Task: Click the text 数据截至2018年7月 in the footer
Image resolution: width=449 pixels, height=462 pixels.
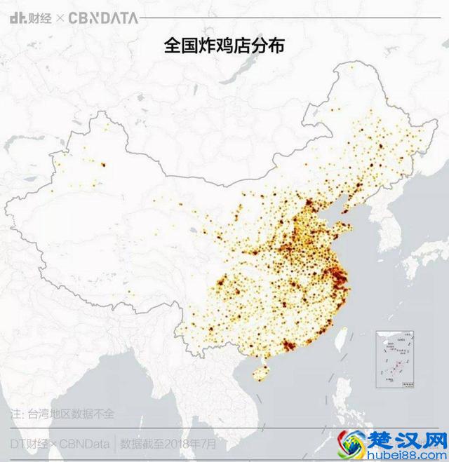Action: pyautogui.click(x=168, y=443)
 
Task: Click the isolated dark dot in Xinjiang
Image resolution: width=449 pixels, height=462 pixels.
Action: pyautogui.click(x=103, y=165)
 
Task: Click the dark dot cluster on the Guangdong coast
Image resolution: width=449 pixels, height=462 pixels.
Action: pyautogui.click(x=289, y=346)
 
